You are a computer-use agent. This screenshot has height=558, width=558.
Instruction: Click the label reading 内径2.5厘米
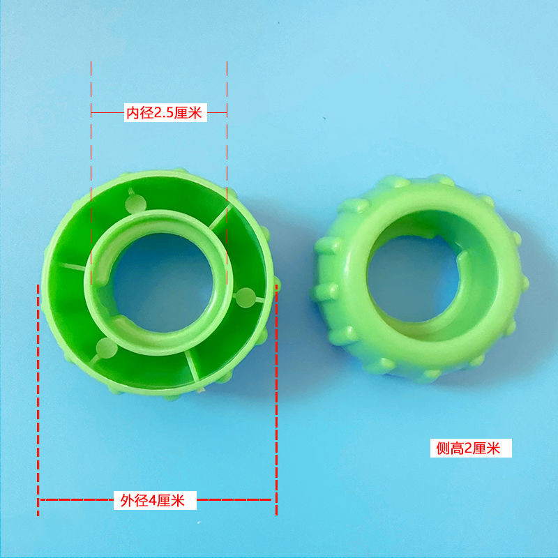tap(165, 113)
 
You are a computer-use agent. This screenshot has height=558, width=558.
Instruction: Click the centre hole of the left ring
tap(163, 282)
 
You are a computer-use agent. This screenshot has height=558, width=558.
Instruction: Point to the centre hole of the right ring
tap(413, 278)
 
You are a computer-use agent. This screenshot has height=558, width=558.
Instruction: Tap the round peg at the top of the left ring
tap(135, 204)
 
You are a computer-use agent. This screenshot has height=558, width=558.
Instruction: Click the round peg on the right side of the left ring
tap(246, 298)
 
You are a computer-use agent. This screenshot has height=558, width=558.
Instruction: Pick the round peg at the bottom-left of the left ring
tap(107, 347)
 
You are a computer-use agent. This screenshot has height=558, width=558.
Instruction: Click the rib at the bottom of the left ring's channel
tap(193, 365)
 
